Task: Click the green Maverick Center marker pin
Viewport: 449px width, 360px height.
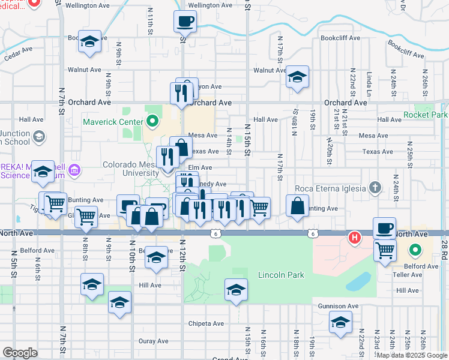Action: (x=152, y=122)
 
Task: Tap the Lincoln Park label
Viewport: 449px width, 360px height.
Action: (x=281, y=275)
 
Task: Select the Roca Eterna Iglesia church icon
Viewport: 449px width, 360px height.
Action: (x=375, y=188)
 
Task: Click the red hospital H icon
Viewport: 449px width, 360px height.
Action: (x=355, y=238)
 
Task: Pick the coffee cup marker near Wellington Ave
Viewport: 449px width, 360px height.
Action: (x=185, y=22)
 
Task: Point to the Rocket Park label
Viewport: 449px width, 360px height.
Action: (x=426, y=115)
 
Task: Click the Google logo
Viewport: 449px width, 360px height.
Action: (x=20, y=353)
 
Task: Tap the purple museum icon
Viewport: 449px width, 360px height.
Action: (x=74, y=170)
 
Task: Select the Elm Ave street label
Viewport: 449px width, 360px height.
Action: (x=200, y=167)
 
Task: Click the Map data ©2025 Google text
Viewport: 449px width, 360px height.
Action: (x=412, y=355)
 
